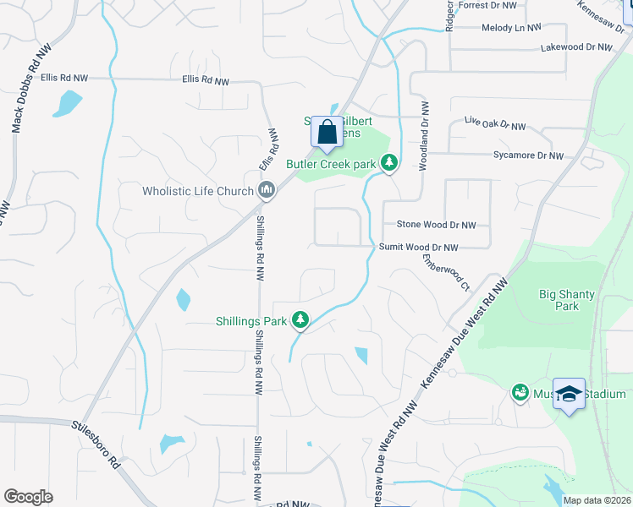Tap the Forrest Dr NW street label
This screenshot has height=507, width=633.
pyautogui.click(x=488, y=5)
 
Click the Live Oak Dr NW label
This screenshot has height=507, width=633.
pyautogui.click(x=495, y=124)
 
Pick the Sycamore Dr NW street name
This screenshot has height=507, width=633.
pyautogui.click(x=528, y=155)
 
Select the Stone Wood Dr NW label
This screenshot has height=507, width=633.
pyautogui.click(x=437, y=226)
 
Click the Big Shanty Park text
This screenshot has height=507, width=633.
pyautogui.click(x=567, y=300)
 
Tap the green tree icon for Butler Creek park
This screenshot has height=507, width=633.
pyautogui.click(x=389, y=163)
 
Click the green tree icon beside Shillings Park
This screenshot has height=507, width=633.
pyautogui.click(x=299, y=319)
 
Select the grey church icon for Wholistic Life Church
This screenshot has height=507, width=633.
pyautogui.click(x=267, y=190)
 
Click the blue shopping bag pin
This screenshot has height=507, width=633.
pyautogui.click(x=327, y=133)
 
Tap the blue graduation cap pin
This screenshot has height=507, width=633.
pyautogui.click(x=570, y=394)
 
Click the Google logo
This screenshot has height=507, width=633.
pyautogui.click(x=28, y=497)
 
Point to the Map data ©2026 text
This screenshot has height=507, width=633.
pyautogui.click(x=597, y=500)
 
